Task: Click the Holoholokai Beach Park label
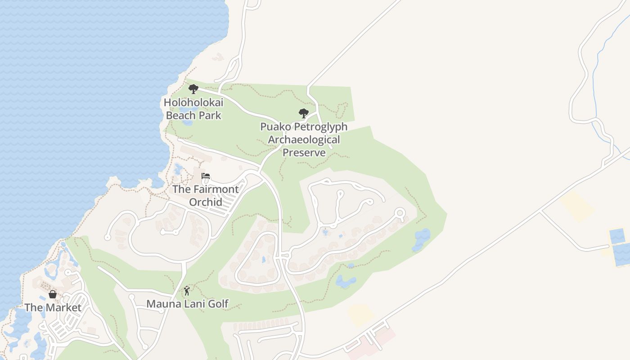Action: point(193,109)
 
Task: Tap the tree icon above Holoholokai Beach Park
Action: point(193,89)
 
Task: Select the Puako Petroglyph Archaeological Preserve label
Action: point(304,139)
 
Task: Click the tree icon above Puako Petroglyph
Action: point(304,113)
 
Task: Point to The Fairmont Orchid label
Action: point(206,195)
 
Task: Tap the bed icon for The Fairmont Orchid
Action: point(206,176)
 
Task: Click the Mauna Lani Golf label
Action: point(187,304)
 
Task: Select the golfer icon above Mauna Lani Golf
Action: point(187,291)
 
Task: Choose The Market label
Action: point(53,307)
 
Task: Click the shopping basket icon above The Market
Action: point(53,294)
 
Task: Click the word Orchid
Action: point(206,202)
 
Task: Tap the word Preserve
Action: point(304,153)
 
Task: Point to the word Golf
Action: point(217,304)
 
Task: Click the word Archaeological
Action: point(304,139)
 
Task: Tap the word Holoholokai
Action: point(193,102)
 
